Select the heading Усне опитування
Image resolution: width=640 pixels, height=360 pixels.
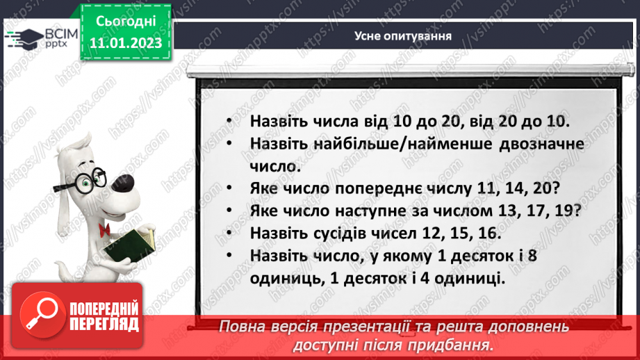point(402,37)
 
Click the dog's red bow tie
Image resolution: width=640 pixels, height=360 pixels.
point(106,230)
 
